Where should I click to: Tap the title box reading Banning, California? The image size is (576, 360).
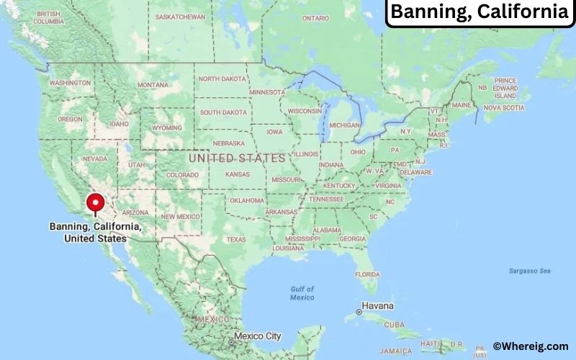(x=480, y=12)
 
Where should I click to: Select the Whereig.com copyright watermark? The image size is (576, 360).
(x=531, y=346)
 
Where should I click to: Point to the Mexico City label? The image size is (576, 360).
(x=258, y=336)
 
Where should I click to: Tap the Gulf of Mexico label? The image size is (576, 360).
(x=302, y=293)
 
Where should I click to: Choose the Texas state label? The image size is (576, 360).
(x=235, y=239)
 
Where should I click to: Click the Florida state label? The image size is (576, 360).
(x=367, y=274)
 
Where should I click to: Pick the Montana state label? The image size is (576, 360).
(x=153, y=85)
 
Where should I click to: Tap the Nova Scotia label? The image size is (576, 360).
(x=503, y=107)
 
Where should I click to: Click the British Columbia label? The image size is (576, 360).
(x=48, y=18)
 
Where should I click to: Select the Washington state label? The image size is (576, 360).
(x=69, y=83)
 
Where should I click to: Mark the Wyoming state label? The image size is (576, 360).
(x=167, y=127)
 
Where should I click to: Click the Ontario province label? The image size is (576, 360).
(x=316, y=17)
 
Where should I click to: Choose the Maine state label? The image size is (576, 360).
(x=462, y=105)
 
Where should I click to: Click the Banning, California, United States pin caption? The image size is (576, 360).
(x=95, y=233)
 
